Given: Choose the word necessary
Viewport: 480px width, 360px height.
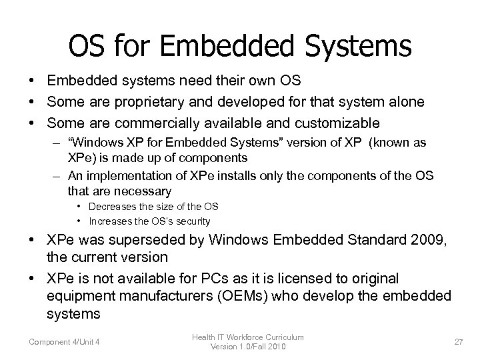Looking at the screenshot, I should [x=145, y=190].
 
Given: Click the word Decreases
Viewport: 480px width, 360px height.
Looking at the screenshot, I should [x=113, y=207].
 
